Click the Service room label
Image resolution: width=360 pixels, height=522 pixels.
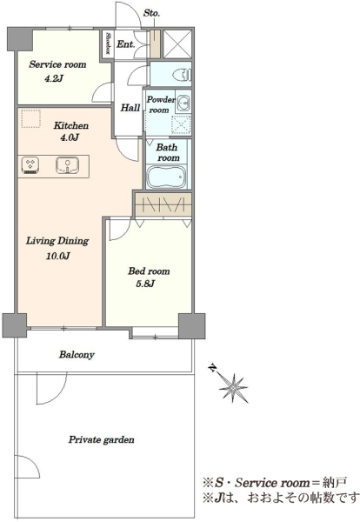pos(57,64)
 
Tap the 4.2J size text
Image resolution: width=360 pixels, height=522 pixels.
pos(54,79)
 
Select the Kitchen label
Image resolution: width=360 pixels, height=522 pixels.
pos(71,125)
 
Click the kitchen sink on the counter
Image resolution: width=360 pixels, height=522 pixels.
pos(68,165)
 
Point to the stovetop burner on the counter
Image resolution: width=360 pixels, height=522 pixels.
pos(30,165)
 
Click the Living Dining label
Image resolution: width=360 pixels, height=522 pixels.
pos(57,241)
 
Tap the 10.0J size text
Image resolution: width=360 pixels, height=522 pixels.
pos(58,256)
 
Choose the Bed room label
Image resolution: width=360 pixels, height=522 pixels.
pos(149,271)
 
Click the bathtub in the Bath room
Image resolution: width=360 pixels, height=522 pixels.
pos(166,177)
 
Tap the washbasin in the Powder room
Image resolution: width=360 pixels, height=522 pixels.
pos(183,102)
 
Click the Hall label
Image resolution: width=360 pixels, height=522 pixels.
pos(130,108)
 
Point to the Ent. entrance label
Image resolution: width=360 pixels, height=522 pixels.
pos(125,44)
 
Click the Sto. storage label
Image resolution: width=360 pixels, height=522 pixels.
pos(151,13)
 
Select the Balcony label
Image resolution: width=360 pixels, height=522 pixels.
pos(77,355)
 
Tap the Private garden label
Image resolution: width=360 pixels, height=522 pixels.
pos(102,439)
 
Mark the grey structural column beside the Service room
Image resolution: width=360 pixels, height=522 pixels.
pos(20,40)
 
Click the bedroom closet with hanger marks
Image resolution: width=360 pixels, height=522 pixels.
pos(163,204)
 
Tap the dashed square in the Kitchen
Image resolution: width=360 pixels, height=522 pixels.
pos(31,119)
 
